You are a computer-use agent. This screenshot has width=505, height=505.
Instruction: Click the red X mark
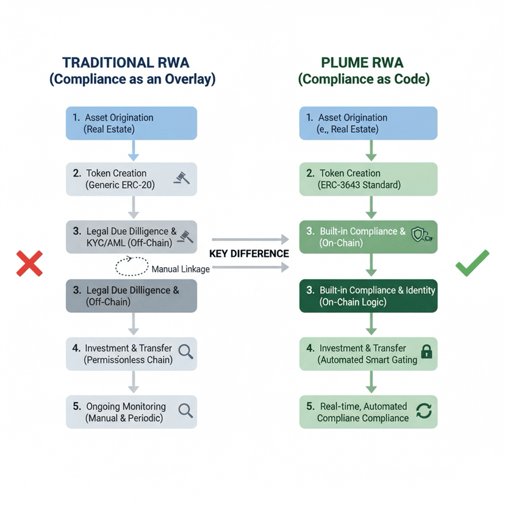[x=29, y=263]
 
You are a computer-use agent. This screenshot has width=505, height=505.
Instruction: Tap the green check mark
[x=473, y=263]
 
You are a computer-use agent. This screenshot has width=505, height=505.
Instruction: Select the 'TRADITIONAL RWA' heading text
[x=126, y=62]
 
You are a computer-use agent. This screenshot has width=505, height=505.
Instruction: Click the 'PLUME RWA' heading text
[x=362, y=62]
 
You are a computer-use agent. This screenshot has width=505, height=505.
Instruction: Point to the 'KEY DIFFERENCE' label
[x=249, y=254]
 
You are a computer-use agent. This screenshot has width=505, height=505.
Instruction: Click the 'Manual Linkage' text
[x=181, y=269]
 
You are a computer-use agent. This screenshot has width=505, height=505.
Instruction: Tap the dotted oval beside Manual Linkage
[x=132, y=266]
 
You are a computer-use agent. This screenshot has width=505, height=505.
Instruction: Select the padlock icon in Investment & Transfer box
[x=427, y=352]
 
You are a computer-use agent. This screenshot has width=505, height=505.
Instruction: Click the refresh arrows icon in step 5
[x=424, y=411]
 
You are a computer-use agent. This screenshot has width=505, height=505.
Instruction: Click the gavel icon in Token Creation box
[x=182, y=177]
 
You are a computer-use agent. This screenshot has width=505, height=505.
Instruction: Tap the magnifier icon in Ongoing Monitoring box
[x=185, y=410]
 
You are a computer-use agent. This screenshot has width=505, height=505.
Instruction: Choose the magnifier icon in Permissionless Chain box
[x=185, y=352]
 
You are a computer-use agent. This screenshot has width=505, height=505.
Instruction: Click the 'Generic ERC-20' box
[x=131, y=179]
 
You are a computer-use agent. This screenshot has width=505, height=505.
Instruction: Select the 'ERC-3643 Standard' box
[x=368, y=179]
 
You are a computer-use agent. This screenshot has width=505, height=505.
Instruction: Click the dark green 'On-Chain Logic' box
[x=368, y=296]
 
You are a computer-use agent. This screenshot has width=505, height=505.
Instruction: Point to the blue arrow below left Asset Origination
[x=134, y=151]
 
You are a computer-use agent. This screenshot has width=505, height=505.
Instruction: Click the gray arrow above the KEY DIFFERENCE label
[x=250, y=239]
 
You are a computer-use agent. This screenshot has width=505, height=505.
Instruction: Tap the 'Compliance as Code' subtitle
[x=364, y=79]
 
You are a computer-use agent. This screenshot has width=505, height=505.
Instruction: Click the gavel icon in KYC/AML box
[x=185, y=237]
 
